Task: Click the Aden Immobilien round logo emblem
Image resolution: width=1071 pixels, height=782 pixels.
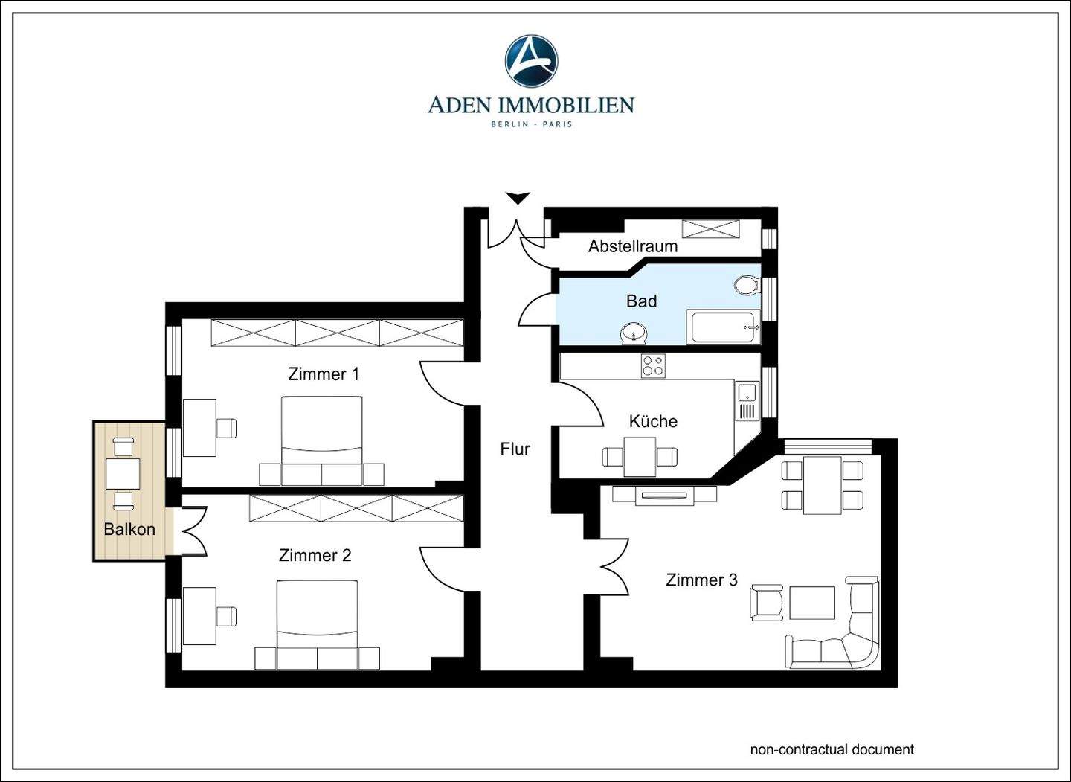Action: (x=531, y=61)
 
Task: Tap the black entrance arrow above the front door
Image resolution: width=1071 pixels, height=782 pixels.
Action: (x=518, y=198)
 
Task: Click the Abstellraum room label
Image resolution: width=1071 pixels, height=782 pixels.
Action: (x=632, y=246)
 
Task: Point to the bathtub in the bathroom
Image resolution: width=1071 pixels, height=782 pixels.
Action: (x=723, y=327)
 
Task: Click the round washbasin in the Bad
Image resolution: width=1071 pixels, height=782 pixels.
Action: (x=634, y=333)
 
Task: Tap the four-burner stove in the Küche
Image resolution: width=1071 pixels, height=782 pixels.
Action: (x=653, y=366)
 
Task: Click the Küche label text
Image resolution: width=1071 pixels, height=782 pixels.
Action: (x=653, y=421)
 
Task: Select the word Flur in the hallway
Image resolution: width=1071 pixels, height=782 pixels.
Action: (x=515, y=449)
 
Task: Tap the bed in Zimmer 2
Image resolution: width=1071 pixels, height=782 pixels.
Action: (x=317, y=625)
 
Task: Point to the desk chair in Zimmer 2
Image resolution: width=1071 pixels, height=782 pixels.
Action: (x=226, y=616)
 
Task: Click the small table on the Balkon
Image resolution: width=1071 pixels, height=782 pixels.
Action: (x=123, y=473)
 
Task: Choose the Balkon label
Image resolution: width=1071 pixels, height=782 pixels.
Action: (x=129, y=529)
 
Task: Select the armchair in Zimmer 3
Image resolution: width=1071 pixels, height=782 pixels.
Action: (x=766, y=602)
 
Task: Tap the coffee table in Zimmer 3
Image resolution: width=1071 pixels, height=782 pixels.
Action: (x=812, y=603)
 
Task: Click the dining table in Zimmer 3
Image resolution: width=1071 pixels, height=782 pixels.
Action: (x=822, y=485)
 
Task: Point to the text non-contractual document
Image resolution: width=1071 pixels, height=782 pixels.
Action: (x=832, y=749)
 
